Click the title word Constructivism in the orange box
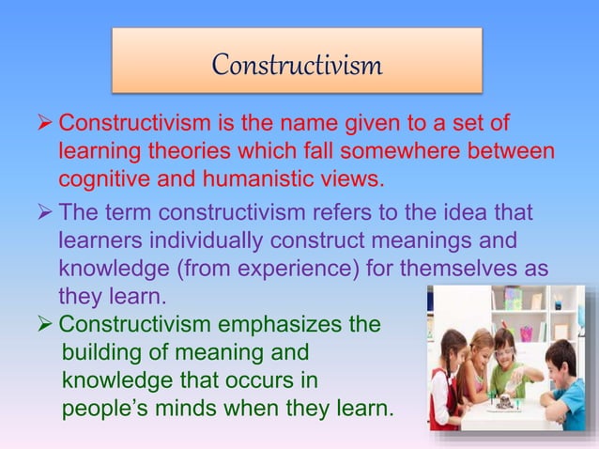pos(297,65)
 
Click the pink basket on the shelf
pos(527,333)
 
